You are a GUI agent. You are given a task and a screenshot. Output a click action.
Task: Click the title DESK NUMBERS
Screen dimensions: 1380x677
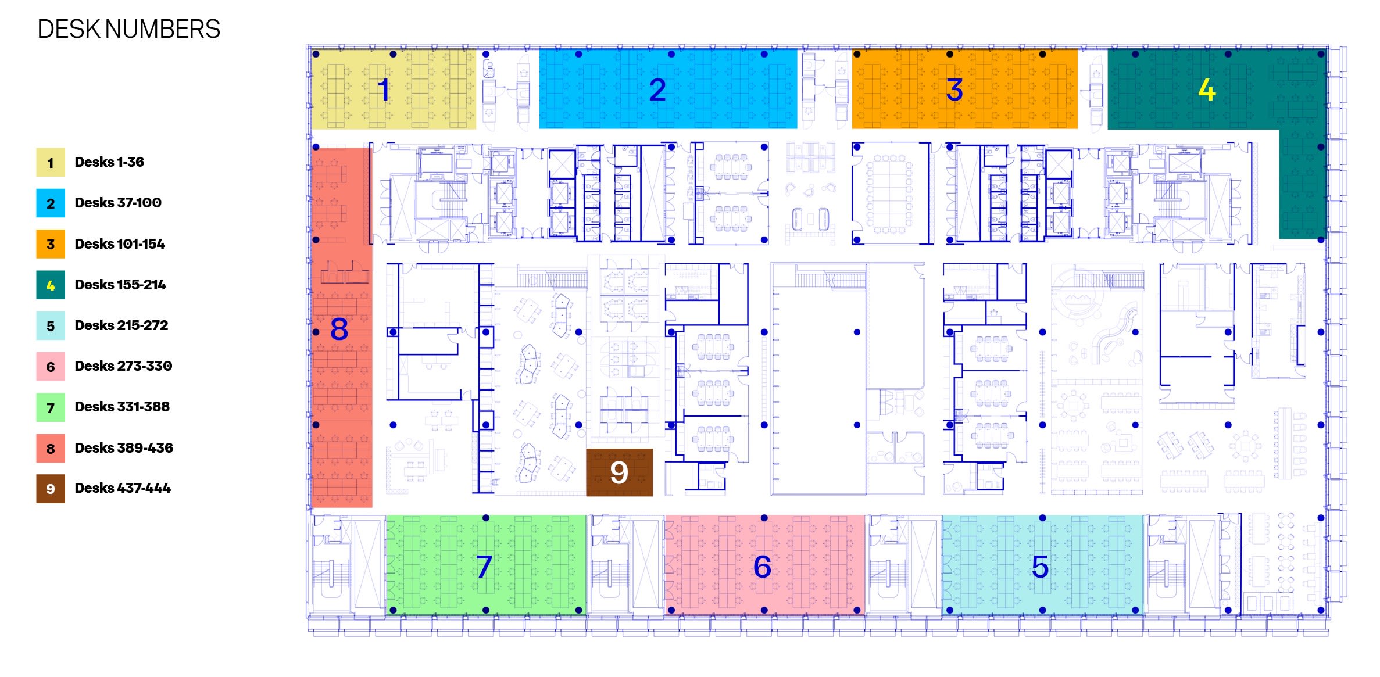(128, 29)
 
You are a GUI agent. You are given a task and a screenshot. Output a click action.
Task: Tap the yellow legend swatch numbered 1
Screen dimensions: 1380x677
(51, 162)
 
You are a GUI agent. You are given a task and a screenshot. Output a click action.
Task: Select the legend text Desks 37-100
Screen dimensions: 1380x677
(118, 203)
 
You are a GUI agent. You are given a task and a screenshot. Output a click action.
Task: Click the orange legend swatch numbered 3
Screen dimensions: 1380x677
(51, 244)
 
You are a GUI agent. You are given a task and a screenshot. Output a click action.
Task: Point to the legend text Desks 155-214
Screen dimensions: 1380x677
(120, 285)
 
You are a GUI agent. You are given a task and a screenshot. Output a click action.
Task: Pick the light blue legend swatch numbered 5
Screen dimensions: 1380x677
(51, 325)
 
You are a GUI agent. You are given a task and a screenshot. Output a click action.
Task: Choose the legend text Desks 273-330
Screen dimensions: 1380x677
(123, 366)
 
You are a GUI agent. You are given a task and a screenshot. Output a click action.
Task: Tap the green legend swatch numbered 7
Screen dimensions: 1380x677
(51, 407)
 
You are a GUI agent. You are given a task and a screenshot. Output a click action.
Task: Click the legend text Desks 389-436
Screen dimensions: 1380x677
(124, 448)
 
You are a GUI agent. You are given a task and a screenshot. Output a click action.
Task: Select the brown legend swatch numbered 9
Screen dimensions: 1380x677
(51, 489)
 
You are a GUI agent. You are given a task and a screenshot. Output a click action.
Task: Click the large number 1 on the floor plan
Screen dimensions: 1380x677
(383, 89)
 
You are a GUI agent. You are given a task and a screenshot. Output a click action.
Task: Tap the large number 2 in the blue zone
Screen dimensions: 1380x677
(657, 89)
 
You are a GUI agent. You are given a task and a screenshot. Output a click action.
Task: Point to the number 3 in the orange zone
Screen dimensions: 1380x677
(954, 89)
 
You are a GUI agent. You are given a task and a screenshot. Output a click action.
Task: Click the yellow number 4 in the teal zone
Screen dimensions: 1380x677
(1207, 89)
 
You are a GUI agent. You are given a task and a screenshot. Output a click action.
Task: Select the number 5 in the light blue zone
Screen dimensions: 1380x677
(1040, 567)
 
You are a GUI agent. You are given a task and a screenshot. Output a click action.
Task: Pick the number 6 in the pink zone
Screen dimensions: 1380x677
(762, 567)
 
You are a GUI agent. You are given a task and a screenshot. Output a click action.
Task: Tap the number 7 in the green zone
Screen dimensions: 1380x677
(484, 567)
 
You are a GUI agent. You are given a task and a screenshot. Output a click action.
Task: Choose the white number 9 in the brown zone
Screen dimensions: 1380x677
(619, 472)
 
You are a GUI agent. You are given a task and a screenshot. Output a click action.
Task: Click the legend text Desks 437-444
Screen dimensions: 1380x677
(123, 488)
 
